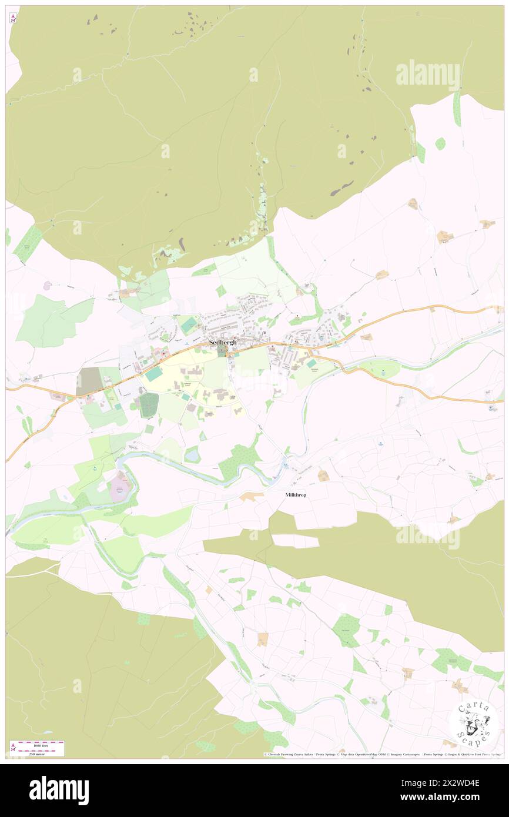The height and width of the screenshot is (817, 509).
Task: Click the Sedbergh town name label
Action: click(x=223, y=342)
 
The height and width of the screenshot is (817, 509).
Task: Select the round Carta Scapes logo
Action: click(x=474, y=723)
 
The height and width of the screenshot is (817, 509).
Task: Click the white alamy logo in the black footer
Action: click(x=59, y=791)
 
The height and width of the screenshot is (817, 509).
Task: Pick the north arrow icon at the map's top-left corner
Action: click(x=13, y=18)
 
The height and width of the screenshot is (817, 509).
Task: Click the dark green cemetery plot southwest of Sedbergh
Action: click(x=149, y=406)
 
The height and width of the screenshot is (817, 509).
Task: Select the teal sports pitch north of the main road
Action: click(x=189, y=324)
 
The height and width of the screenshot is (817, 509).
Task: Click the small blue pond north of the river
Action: click(x=192, y=454)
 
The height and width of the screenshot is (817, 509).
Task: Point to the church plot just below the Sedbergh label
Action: click(x=222, y=351)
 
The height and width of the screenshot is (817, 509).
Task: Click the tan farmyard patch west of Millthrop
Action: click(x=252, y=497)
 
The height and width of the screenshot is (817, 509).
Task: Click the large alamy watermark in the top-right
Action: click(x=427, y=75)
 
